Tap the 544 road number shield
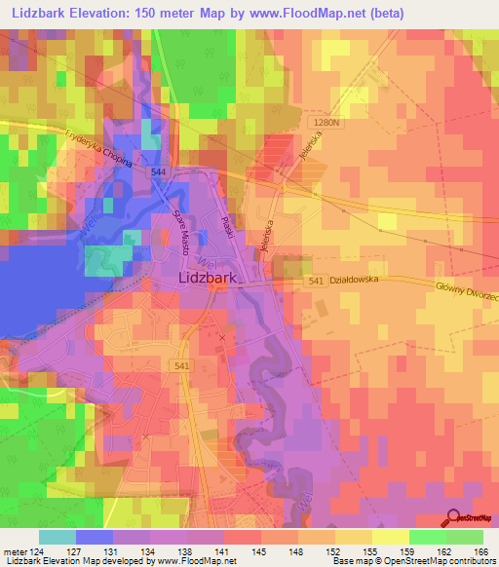[x=158, y=171]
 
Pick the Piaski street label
[x=227, y=231]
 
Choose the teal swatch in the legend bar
[x=58, y=537]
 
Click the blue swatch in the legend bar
[x=95, y=537]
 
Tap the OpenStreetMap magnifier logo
[x=455, y=519]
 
